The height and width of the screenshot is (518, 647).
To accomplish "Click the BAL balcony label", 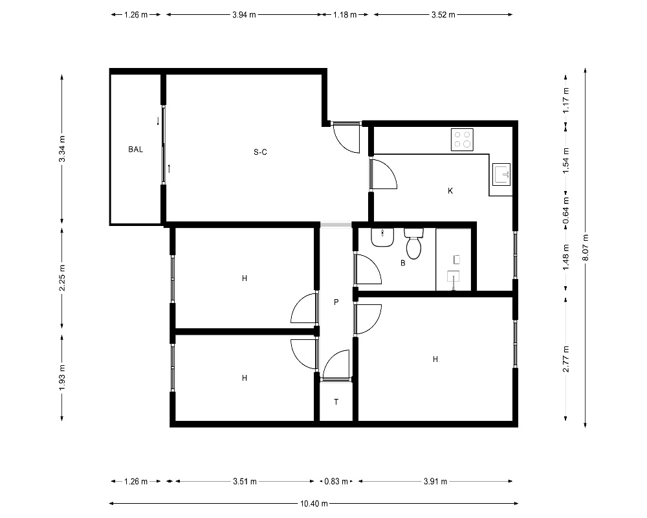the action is pyautogui.click(x=135, y=150).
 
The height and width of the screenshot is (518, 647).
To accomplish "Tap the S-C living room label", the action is pyautogui.click(x=260, y=152).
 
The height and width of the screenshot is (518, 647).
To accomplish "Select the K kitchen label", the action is pyautogui.click(x=450, y=191).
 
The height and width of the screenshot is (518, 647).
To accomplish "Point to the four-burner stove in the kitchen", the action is pyautogui.click(x=462, y=140).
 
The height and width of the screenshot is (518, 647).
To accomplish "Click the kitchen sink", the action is pyautogui.click(x=501, y=174).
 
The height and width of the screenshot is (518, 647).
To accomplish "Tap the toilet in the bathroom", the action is pyautogui.click(x=413, y=243).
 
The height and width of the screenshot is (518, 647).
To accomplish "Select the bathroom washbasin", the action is pyautogui.click(x=382, y=237).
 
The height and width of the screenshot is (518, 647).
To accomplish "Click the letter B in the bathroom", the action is pyautogui.click(x=402, y=263).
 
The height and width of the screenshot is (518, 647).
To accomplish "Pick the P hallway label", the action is pyautogui.click(x=336, y=302).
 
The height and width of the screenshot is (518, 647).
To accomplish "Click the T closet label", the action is pyautogui.click(x=336, y=402).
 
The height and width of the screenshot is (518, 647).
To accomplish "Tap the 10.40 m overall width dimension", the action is pyautogui.click(x=314, y=504).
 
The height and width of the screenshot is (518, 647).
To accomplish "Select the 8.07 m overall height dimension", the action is pyautogui.click(x=586, y=247).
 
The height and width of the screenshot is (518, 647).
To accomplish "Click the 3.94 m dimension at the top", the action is pyautogui.click(x=245, y=15).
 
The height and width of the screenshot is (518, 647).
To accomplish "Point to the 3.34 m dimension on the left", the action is pyautogui.click(x=62, y=149).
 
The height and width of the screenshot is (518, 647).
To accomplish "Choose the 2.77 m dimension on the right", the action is pyautogui.click(x=565, y=359).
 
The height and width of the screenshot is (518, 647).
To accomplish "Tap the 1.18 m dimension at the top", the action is pyautogui.click(x=345, y=15).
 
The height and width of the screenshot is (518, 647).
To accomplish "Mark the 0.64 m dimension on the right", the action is pyautogui.click(x=565, y=210).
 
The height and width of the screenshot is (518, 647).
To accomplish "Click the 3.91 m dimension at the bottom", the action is pyautogui.click(x=435, y=481).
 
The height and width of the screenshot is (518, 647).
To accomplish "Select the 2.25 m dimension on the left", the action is pyautogui.click(x=62, y=278).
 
